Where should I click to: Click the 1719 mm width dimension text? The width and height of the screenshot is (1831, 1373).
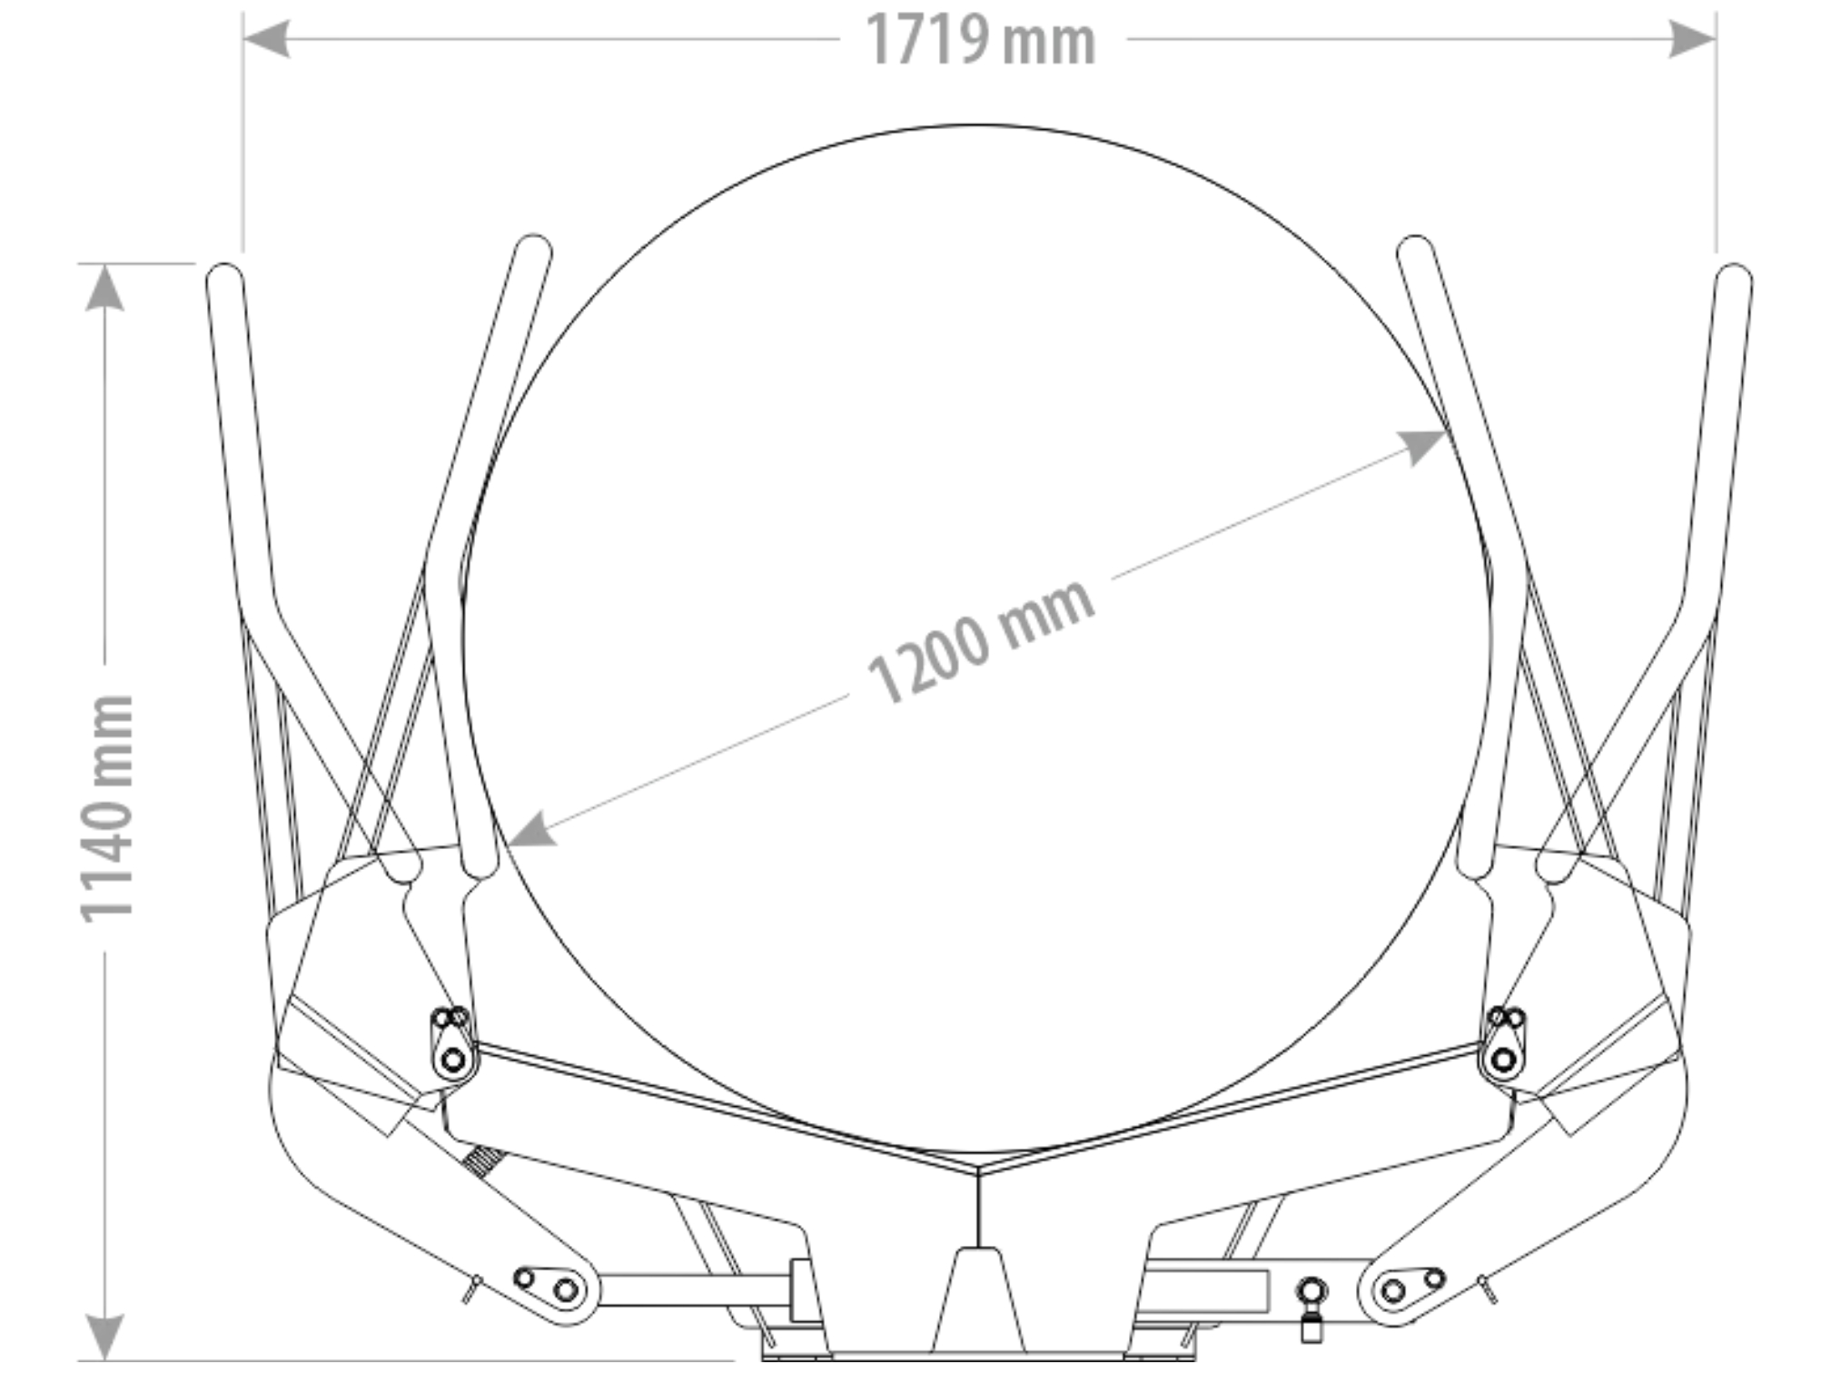[981, 40]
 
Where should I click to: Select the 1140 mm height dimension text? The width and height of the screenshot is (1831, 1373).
[107, 809]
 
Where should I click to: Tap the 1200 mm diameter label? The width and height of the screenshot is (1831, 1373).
[981, 640]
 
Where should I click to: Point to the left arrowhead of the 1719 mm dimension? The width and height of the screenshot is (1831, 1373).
[266, 39]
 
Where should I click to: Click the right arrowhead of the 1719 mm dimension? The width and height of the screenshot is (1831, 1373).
[1693, 39]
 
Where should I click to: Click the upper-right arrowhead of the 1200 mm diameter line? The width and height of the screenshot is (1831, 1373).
[1420, 446]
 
